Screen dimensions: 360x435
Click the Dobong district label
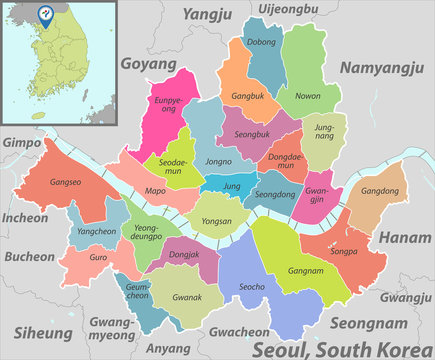(x=261, y=43)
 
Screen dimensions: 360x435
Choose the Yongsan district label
(x=216, y=221)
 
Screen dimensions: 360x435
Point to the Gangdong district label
(x=379, y=190)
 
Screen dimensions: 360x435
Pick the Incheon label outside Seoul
(x=24, y=217)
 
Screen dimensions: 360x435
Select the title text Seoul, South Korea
(x=340, y=347)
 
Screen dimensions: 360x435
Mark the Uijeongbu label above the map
(x=287, y=9)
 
